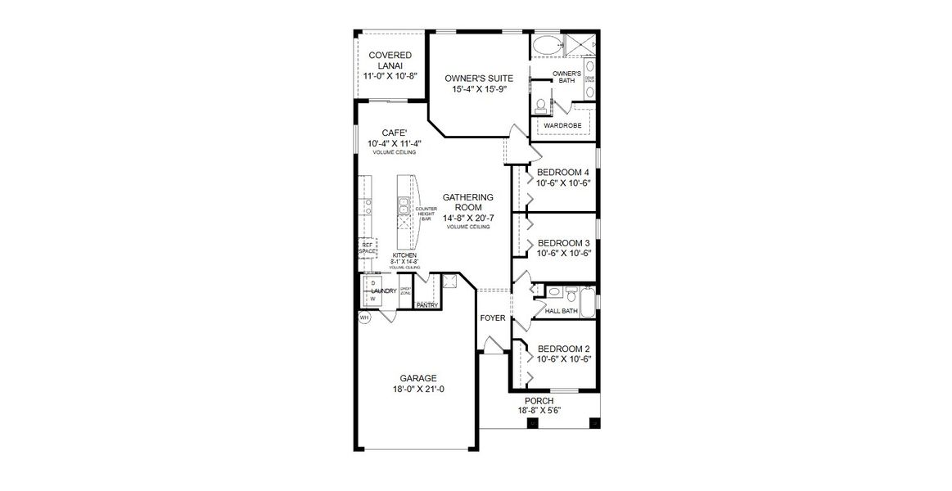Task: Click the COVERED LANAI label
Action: pos(390,60)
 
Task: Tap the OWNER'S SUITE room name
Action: pos(479,79)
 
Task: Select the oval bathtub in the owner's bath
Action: pos(548,47)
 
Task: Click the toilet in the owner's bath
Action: pos(539,106)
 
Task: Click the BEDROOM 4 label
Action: pos(562,172)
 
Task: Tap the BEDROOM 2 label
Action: pos(562,348)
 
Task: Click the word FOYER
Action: pos(492,318)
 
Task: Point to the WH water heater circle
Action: pos(364,318)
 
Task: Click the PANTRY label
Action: pos(426,305)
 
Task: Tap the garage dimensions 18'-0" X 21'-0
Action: pos(417,389)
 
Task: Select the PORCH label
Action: pos(539,400)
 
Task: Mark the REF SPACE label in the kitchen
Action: pos(368,248)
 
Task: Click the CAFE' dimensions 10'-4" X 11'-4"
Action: pos(395,143)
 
